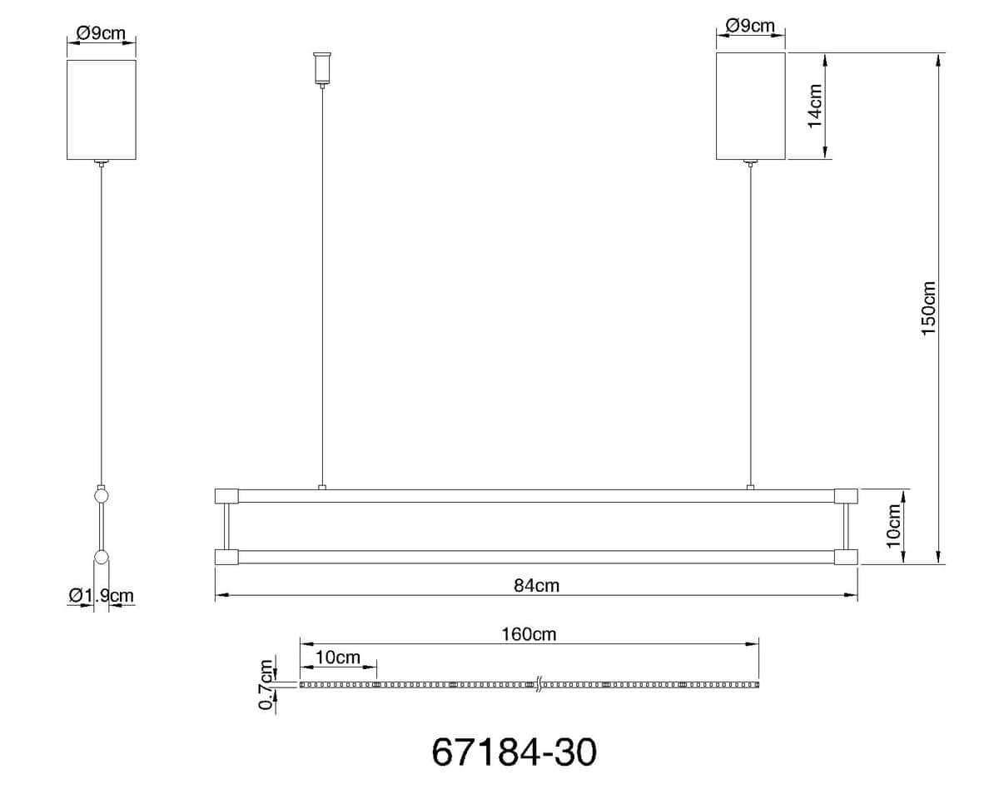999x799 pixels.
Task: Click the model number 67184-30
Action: (x=514, y=752)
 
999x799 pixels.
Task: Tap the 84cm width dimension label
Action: (x=536, y=585)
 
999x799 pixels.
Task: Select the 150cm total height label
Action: (x=928, y=308)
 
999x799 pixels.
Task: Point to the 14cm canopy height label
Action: (x=815, y=106)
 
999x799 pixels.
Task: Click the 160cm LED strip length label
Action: (x=529, y=634)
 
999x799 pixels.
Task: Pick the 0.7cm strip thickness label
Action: (x=266, y=684)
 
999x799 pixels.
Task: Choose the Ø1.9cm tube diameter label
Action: (x=102, y=595)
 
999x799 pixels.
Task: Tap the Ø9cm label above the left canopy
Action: (x=101, y=33)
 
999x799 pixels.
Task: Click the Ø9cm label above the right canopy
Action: (x=750, y=26)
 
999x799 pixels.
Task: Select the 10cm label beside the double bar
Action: (x=893, y=526)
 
